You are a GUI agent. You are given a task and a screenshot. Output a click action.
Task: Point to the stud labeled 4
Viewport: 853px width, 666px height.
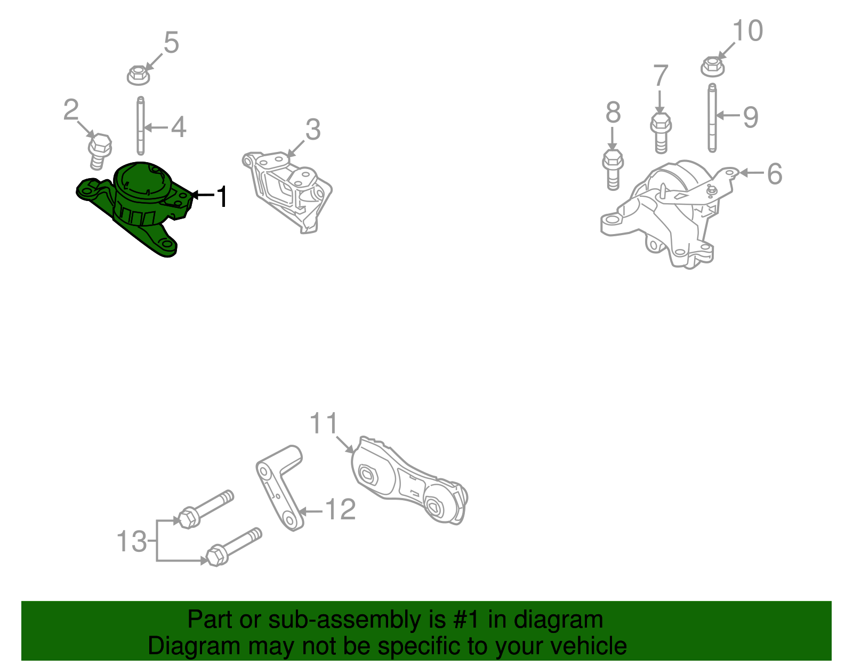coord(140,126)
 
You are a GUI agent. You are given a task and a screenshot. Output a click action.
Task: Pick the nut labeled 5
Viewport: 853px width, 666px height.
coord(138,75)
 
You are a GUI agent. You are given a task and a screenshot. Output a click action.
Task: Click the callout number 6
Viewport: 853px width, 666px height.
coord(775,174)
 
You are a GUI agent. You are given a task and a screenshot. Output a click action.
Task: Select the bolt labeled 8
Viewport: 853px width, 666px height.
coord(613,169)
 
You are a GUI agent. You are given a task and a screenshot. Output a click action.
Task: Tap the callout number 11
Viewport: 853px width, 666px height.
coord(324,424)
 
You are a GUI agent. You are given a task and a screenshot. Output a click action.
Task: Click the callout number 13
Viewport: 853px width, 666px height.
coord(131,542)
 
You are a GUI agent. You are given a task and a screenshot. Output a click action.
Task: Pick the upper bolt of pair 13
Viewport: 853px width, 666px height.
coord(205,509)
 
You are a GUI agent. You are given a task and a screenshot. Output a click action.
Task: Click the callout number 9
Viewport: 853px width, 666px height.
coord(751,117)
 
